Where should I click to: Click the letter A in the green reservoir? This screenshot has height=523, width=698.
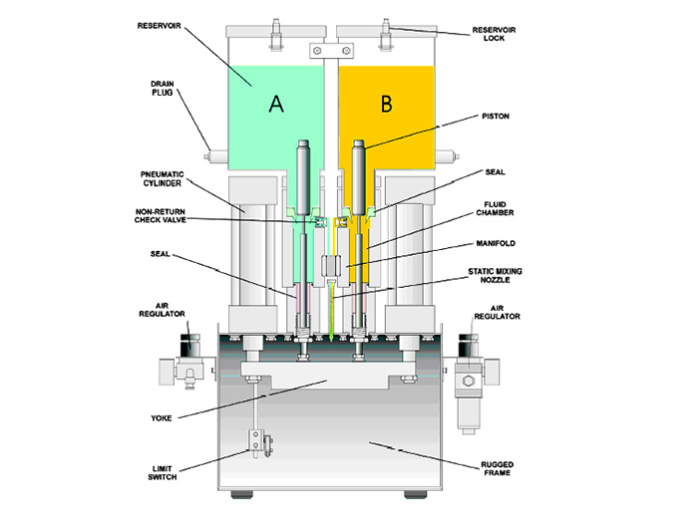point(275,103)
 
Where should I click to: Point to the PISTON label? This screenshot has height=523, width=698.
point(496,117)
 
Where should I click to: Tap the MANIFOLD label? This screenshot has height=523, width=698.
point(498,242)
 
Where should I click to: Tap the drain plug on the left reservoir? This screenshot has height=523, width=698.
point(212,156)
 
